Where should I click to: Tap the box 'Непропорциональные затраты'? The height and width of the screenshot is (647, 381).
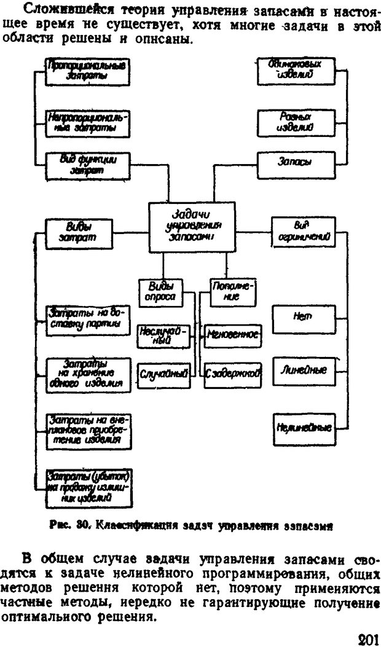click(87, 122)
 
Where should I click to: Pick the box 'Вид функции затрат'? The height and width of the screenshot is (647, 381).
click(87, 165)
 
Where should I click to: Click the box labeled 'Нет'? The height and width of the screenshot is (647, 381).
click(303, 316)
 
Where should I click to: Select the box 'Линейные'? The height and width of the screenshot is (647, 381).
click(303, 371)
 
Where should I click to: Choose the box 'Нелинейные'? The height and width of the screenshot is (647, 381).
click(303, 427)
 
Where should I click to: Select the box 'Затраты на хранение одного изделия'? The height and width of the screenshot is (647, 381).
click(87, 374)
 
